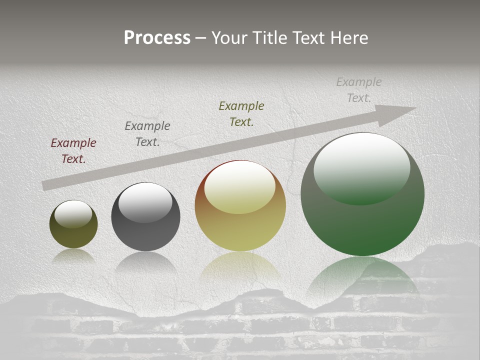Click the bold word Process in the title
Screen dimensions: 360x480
click(x=157, y=38)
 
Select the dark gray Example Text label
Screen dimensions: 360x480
click(x=147, y=134)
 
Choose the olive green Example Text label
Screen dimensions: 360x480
click(x=241, y=113)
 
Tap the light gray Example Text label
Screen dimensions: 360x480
click(x=358, y=89)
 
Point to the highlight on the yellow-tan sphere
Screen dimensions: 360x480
click(x=240, y=186)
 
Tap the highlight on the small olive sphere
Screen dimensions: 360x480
click(x=73, y=214)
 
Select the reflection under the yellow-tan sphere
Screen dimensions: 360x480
click(x=240, y=265)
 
